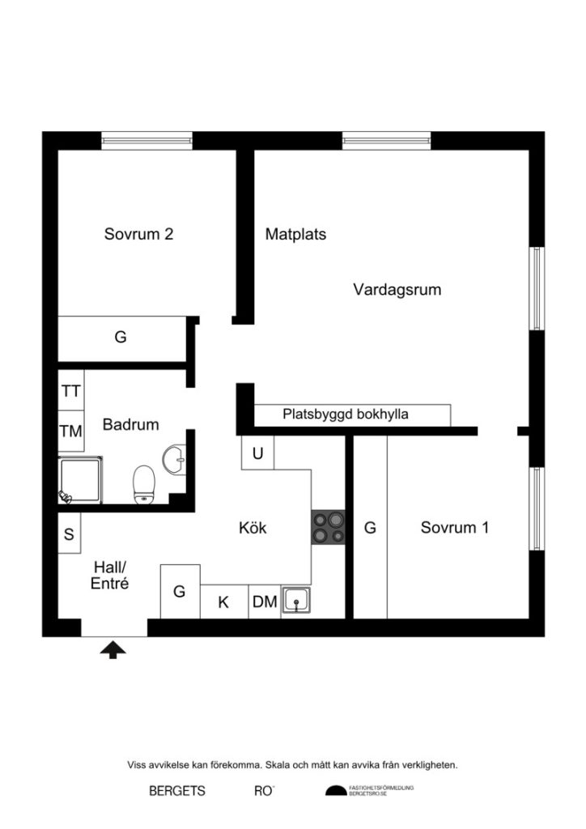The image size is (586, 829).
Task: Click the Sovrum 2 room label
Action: pos(138,235)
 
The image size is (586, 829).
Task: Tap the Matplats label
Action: pos(295,235)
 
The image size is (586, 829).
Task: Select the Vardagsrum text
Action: pos(397,289)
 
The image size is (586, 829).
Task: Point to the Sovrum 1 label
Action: pos(454,528)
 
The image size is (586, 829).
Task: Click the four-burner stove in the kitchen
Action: pos(328,528)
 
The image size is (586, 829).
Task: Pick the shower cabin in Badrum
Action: pos(81,479)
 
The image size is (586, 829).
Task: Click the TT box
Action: pos(70,391)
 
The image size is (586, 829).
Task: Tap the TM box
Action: pos(70,432)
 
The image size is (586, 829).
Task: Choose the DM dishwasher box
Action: pos(264,602)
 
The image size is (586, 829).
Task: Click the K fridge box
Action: pos(223,602)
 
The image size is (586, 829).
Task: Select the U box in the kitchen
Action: pos(257,453)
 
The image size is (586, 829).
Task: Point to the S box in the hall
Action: pos(69,534)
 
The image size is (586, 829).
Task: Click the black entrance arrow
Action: pos(113,648)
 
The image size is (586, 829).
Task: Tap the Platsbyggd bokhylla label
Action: pos(346,414)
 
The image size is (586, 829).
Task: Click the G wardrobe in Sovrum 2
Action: pos(121,338)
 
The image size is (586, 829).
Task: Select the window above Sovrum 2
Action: pos(146,140)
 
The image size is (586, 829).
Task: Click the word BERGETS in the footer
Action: pos(177,791)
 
